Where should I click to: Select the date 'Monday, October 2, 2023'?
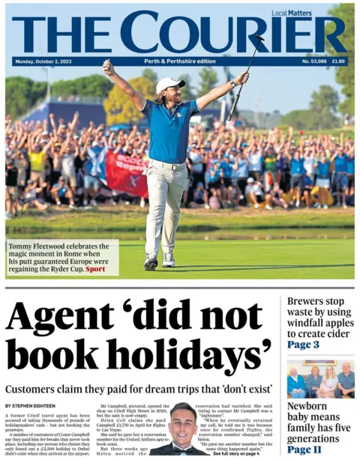pyautogui.click(x=44, y=61)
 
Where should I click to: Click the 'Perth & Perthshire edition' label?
pyautogui.click(x=179, y=61)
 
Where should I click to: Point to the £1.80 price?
pyautogui.click(x=338, y=61)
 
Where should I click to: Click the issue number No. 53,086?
pyautogui.click(x=314, y=61)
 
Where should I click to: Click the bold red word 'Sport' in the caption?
pyautogui.click(x=95, y=268)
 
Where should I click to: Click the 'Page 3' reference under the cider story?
pyautogui.click(x=303, y=345)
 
